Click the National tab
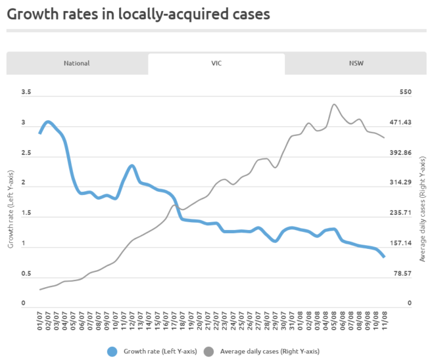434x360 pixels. click(x=77, y=64)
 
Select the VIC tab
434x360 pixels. click(x=216, y=64)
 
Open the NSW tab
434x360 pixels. click(x=356, y=64)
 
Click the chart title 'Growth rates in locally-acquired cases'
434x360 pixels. click(x=138, y=14)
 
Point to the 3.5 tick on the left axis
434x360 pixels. click(x=26, y=93)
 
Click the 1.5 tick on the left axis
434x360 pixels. click(x=26, y=214)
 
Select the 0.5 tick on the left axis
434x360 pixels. click(x=26, y=274)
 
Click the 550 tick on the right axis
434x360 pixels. click(x=405, y=93)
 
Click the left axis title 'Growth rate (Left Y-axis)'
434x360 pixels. click(x=11, y=209)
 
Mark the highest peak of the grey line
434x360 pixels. click(x=334, y=104)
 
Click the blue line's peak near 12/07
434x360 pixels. click(x=132, y=166)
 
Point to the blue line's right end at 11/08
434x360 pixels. click(x=383, y=257)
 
